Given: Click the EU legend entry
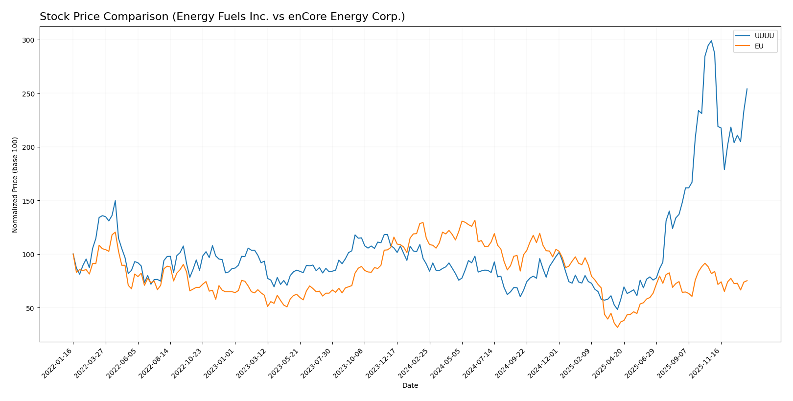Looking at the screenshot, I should (759, 47).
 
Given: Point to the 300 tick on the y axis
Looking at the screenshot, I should (31, 40).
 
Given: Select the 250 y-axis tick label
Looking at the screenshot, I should (31, 94).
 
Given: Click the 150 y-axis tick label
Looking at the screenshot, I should (31, 201).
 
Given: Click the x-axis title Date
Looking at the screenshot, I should (410, 386).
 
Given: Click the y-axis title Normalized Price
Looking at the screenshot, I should (15, 185).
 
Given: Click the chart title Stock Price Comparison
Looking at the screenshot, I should (222, 17).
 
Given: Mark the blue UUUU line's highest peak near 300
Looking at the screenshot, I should (711, 41).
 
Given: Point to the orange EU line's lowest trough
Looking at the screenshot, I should (617, 327).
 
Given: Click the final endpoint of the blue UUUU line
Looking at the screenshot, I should (747, 89).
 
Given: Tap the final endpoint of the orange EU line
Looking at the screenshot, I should (747, 281).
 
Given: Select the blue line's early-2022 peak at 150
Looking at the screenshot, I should (115, 201).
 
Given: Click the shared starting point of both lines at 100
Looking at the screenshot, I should (73, 254).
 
